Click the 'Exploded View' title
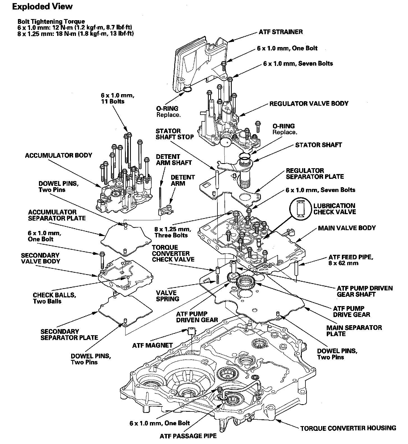coord(42,7)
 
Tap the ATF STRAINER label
coord(280,32)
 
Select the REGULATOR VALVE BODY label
coord(309,103)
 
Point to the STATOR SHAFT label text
coord(318,145)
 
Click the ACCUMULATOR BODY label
coord(59,155)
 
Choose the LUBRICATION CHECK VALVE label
coord(334,209)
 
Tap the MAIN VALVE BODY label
coord(347,228)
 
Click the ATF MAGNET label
coord(152,345)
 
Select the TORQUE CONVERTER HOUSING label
coord(348,428)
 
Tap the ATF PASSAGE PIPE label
coord(188,436)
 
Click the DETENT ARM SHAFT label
coord(174,159)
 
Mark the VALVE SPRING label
coord(168,296)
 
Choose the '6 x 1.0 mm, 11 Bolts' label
coord(118,98)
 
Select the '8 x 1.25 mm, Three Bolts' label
coord(172,232)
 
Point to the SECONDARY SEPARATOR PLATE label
coord(69,334)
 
